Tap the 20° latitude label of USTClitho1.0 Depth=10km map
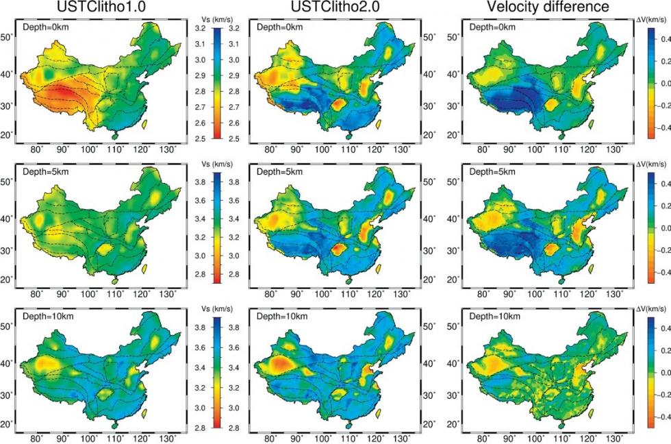(x=7, y=423)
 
